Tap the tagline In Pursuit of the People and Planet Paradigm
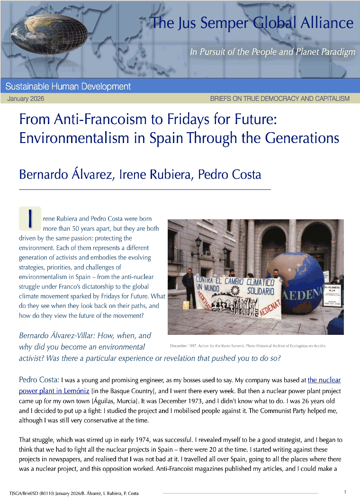click(272, 52)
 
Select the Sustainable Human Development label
click(68, 87)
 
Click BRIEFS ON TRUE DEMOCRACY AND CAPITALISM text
click(279, 99)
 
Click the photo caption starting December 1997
click(248, 346)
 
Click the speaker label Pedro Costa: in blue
click(39, 380)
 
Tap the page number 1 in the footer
click(345, 492)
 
